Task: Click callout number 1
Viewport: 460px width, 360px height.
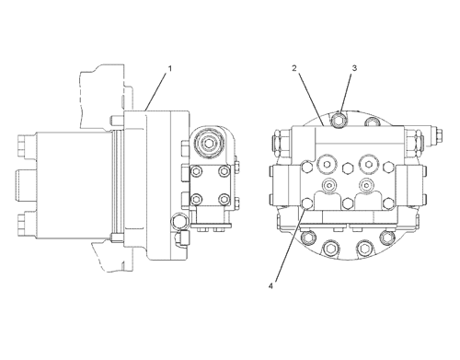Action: point(170,68)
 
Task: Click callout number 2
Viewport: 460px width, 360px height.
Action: point(294,68)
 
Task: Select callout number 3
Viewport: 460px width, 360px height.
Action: point(354,68)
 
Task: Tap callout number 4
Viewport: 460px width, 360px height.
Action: point(270,286)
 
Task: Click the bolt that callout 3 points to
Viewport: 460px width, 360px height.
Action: point(339,120)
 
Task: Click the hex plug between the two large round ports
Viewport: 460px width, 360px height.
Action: point(347,168)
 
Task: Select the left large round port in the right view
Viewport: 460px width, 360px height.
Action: point(327,164)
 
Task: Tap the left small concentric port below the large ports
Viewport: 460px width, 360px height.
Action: point(329,185)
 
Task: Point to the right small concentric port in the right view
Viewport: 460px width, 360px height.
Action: point(365,185)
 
